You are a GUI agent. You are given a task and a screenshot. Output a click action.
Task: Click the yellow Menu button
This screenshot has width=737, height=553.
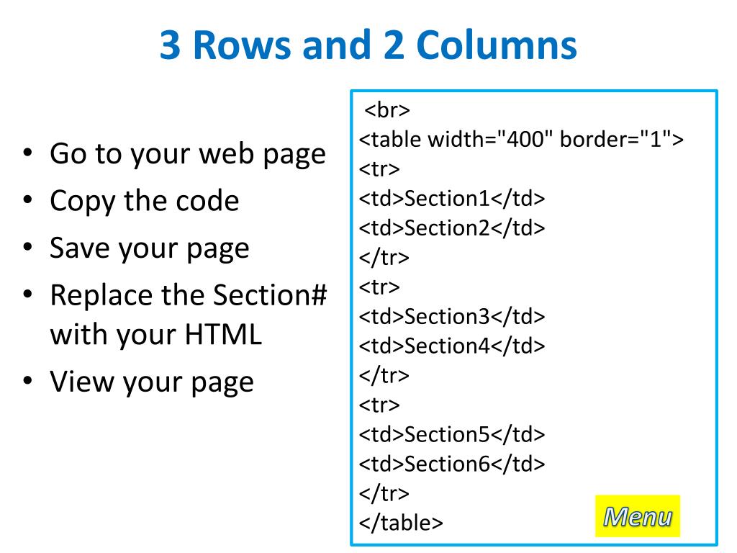coord(637,516)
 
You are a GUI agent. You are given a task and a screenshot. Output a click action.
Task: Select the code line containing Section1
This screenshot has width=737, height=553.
coord(452,199)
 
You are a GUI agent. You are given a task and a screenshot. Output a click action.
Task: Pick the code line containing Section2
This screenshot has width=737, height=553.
coord(452,228)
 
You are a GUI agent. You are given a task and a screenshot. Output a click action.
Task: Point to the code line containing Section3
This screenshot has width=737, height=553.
coord(452,317)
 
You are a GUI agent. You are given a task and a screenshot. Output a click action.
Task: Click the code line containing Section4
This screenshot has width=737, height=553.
coord(452,346)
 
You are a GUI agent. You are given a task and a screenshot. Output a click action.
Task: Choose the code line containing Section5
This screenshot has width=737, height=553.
coord(452,435)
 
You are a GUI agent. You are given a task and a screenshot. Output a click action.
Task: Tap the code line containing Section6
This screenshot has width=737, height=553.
coord(452,464)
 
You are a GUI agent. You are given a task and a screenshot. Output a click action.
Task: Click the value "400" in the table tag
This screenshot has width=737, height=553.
coord(529,140)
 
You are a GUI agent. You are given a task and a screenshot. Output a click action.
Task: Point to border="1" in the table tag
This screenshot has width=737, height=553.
coord(615,140)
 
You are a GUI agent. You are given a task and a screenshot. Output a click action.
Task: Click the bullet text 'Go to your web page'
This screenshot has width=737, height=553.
coord(187,154)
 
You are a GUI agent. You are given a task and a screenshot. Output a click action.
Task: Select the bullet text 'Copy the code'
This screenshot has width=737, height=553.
coord(144,201)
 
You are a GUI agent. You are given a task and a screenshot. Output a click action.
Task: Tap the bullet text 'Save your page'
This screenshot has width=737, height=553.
coord(149,248)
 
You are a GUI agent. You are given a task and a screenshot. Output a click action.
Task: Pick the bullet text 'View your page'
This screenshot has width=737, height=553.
coord(151,382)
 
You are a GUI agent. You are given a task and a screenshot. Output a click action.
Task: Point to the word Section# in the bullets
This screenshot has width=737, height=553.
coord(271,295)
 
